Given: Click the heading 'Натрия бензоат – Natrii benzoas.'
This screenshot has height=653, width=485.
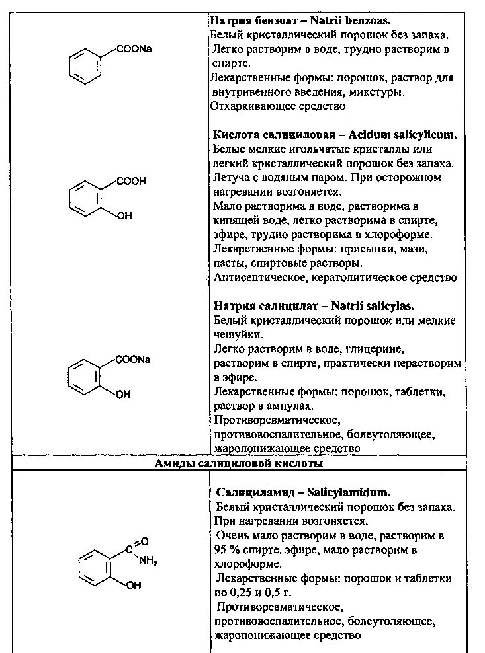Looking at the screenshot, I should tap(300, 20).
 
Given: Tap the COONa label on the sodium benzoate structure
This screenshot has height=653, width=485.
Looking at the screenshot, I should tap(134, 48).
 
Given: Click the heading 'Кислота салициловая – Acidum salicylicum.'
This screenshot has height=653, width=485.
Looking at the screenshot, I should tap(335, 135).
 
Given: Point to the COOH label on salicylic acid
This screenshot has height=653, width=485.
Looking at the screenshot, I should tap(131, 181).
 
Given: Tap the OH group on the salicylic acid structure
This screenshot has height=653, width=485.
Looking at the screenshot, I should tap(124, 215).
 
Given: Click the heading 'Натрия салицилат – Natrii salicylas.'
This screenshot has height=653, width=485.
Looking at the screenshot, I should tap(314, 306).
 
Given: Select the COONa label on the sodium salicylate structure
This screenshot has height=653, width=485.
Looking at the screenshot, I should tap(133, 360).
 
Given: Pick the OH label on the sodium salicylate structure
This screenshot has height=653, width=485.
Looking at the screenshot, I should tap(122, 394).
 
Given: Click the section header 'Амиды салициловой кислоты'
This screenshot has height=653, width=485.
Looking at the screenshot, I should tap(239, 464).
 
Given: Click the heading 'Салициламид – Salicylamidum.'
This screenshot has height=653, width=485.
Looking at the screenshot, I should tap(303, 492).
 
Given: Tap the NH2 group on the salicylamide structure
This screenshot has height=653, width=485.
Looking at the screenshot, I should tap(148, 561).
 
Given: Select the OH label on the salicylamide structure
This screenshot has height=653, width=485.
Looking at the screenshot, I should tap(133, 585).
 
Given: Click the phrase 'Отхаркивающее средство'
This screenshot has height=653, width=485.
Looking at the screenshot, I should tap(278, 106).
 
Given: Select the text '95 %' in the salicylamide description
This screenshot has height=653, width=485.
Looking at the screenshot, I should tap(227, 550).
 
